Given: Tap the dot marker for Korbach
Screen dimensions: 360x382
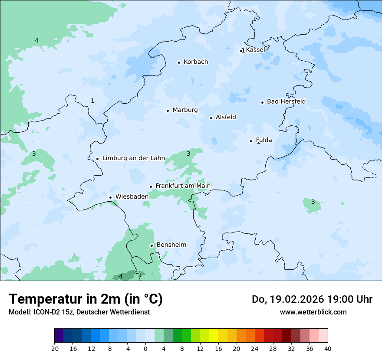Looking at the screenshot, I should click(179, 62).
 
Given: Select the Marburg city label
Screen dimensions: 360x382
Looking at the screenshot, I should click(185, 110).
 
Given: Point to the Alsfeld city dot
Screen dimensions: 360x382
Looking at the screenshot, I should click(211, 118).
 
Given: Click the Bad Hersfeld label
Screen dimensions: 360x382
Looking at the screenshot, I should click(286, 101).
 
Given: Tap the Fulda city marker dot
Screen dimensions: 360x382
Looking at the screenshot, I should click(251, 141).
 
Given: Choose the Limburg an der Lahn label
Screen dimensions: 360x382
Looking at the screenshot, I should click(133, 158).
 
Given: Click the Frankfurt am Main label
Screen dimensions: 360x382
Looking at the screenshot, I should click(183, 186).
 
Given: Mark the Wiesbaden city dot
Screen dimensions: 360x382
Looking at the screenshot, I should click(111, 197).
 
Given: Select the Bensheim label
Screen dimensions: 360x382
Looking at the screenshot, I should click(171, 245).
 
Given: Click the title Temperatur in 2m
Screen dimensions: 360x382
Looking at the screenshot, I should click(86, 299).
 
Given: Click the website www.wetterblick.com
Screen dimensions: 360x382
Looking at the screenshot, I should click(313, 312).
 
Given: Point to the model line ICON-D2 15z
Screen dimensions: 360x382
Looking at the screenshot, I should click(79, 312).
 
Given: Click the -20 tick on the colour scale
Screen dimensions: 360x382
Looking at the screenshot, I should click(54, 349).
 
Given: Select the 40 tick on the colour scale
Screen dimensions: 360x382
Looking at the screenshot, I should click(327, 349).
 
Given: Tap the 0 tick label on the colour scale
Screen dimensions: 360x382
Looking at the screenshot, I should click(145, 349).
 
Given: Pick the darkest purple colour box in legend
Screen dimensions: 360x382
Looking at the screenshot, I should click(59, 336).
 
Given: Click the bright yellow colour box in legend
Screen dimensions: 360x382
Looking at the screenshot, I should click(214, 336).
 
